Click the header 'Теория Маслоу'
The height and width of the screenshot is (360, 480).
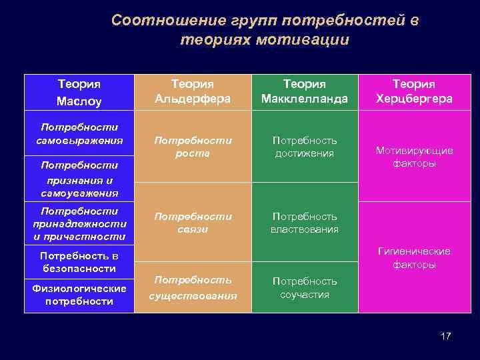coord(79,93)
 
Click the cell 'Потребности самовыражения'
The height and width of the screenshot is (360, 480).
coord(79,133)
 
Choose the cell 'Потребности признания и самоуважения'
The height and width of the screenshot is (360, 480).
coord(79,179)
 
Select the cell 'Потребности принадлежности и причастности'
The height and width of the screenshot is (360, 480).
coord(79,223)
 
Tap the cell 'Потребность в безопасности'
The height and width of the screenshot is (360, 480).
coord(79,262)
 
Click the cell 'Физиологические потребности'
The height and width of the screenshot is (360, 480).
coord(79,295)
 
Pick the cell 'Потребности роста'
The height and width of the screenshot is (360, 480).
coord(192,147)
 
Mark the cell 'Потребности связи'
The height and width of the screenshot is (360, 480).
coord(192,223)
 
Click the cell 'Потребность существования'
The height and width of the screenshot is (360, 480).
coord(192,287)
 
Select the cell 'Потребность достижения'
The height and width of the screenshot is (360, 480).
coord(305,147)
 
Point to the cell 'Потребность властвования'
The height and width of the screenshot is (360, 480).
coord(305,223)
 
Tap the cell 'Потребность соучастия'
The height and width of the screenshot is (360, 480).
coord(305,287)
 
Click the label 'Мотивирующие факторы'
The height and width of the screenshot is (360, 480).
coord(413,157)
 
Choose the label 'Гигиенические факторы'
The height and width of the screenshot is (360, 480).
coord(413,258)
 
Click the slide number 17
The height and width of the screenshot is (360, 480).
coord(445,336)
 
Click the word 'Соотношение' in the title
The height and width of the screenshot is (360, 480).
coord(154,21)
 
